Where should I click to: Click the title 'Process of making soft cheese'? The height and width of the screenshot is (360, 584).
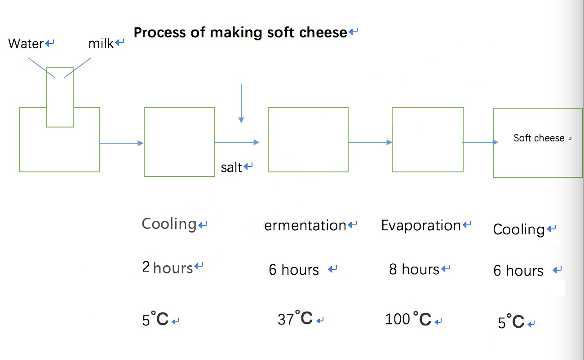tap(240, 33)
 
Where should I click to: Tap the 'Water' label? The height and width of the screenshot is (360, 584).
tap(26, 44)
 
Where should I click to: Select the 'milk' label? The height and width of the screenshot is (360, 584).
tap(101, 44)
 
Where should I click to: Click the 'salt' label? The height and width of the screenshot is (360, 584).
tap(231, 167)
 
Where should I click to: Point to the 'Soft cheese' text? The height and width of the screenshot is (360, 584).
tap(539, 138)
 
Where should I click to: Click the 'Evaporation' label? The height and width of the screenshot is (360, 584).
tap(421, 225)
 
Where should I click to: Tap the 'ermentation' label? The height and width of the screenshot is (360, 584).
tap(305, 226)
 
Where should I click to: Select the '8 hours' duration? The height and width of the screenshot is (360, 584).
tap(414, 269)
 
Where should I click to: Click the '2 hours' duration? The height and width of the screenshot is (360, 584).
tap(168, 268)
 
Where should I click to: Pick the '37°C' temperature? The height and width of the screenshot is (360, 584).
tap(295, 318)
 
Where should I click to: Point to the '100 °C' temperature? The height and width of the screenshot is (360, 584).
tap(408, 319)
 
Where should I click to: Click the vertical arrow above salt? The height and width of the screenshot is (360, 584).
tap(241, 103)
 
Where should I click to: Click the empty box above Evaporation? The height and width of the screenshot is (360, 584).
tap(428, 107)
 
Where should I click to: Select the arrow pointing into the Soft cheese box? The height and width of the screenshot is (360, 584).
tap(480, 142)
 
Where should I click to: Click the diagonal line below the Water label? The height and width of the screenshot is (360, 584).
tap(41, 68)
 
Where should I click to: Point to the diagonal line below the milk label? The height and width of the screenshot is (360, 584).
tap(77, 68)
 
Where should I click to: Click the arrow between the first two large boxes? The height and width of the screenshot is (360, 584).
tap(121, 143)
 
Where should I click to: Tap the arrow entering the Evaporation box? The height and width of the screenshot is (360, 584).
tap(370, 142)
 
